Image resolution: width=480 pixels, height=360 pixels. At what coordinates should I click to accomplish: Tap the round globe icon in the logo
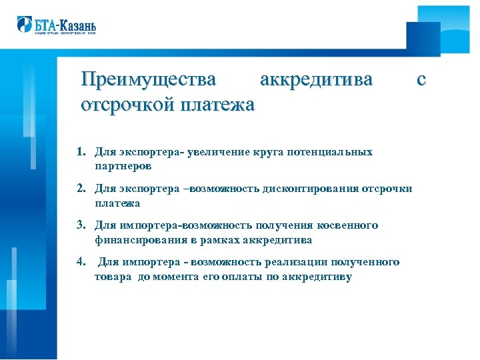[24, 25]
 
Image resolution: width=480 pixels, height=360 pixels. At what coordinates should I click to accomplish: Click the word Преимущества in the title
[148, 79]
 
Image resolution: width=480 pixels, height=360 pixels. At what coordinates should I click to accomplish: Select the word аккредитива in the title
[316, 79]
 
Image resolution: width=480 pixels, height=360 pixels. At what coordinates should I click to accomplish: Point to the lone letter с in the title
[421, 79]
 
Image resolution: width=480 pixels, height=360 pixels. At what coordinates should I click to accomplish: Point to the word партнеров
[123, 165]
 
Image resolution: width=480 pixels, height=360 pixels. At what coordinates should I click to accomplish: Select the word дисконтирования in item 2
[307, 189]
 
